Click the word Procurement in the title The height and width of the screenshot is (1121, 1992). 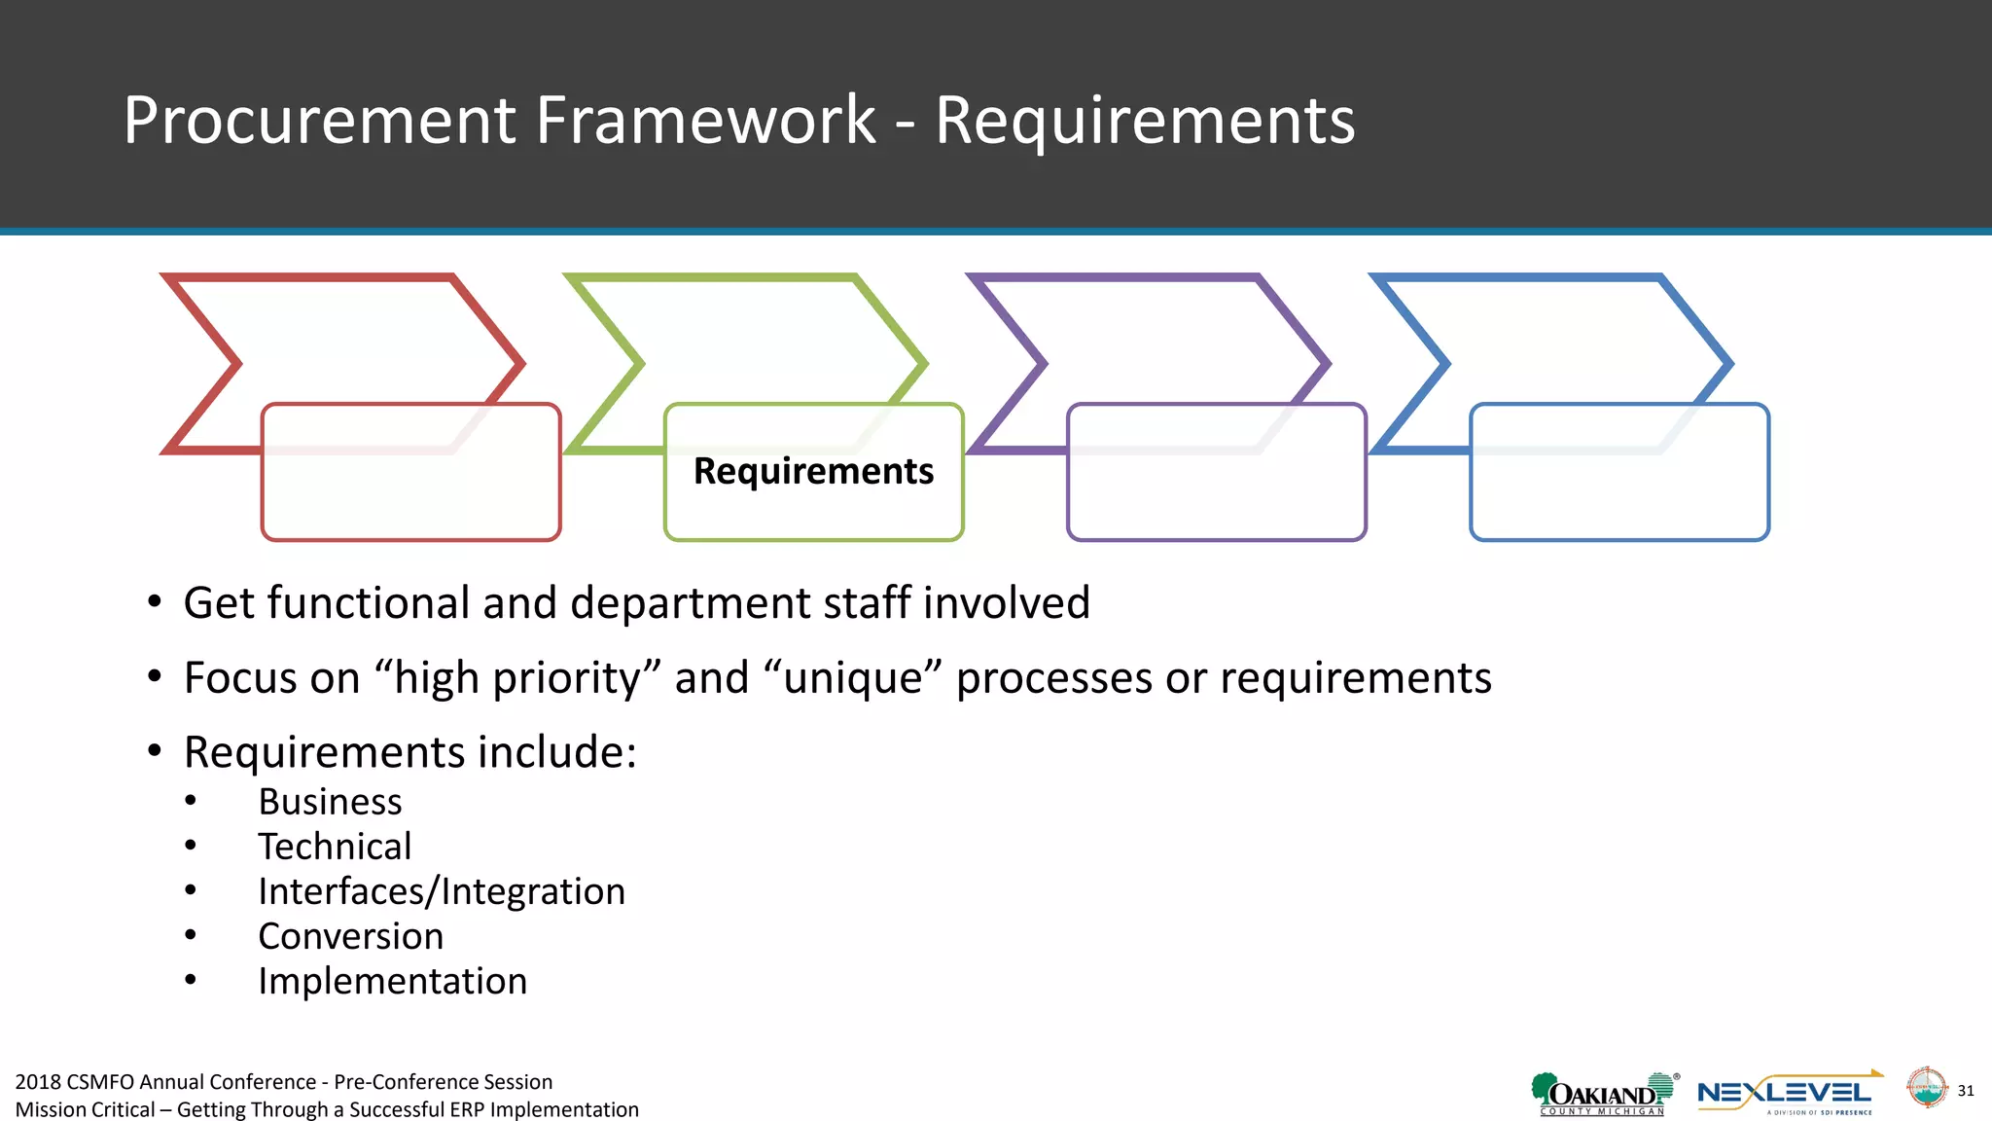pyautogui.click(x=319, y=121)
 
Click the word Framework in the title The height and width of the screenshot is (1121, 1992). pyautogui.click(x=705, y=121)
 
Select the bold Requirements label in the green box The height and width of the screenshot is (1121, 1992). pyautogui.click(x=813, y=471)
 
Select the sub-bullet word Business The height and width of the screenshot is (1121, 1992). pyautogui.click(x=330, y=802)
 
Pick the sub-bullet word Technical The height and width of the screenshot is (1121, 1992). pyautogui.click(x=335, y=847)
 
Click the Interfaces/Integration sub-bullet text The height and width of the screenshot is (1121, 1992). pyautogui.click(x=442, y=891)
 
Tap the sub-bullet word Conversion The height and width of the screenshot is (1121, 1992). pyautogui.click(x=350, y=936)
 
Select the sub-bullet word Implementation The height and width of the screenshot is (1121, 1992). pyautogui.click(x=392, y=981)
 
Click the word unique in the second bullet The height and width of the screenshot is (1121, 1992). pyautogui.click(x=853, y=678)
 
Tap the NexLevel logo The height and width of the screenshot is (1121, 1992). pyautogui.click(x=1786, y=1094)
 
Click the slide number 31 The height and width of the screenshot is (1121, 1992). pyautogui.click(x=1966, y=1091)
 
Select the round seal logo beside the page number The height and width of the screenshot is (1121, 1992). pyautogui.click(x=1926, y=1088)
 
